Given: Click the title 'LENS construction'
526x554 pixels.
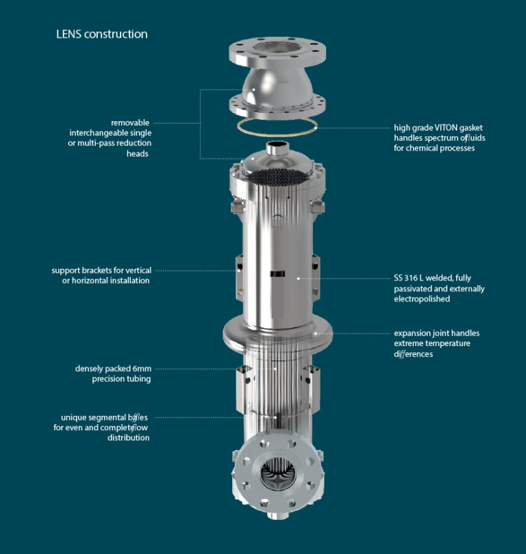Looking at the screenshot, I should coord(101,34).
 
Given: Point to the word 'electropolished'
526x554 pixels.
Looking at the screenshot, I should coord(423,299).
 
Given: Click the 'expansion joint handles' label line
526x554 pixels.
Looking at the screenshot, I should coord(436,333).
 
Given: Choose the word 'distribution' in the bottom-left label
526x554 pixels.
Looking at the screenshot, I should coord(128,438).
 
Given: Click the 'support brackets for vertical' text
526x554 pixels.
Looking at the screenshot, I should coord(101,270).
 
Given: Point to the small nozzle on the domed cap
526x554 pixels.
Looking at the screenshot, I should coord(277,147).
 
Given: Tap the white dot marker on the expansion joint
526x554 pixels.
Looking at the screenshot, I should coord(315,333).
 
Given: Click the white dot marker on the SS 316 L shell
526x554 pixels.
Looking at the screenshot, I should coord(298,278).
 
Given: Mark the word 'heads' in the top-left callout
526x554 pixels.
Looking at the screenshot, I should coord(138,154).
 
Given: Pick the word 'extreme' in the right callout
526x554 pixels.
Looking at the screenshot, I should coord(409,343).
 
